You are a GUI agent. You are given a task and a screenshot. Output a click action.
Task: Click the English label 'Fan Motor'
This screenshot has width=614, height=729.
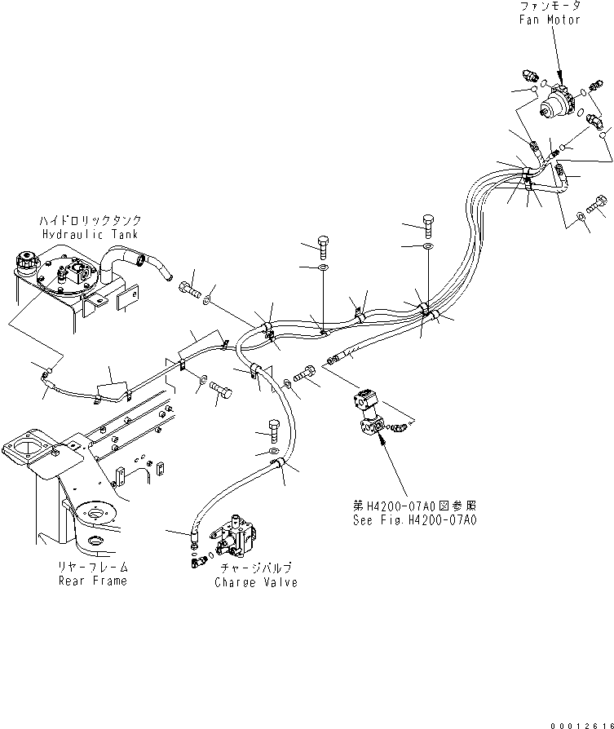tap(550, 20)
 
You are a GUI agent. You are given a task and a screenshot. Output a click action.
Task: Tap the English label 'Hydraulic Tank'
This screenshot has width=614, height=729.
tap(91, 234)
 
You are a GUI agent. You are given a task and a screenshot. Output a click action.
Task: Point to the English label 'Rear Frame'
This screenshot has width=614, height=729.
tap(92, 581)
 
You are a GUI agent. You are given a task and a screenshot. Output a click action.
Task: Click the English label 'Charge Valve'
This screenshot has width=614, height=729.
tap(256, 582)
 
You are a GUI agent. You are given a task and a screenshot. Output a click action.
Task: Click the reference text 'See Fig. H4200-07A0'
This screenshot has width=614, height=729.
tap(414, 519)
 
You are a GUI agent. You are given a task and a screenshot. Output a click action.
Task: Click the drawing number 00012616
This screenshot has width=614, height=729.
tap(582, 725)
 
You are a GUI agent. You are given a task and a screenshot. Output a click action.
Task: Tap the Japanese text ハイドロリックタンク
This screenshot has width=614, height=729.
tap(91, 220)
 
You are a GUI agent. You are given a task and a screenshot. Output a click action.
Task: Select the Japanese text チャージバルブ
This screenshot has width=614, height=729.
tap(256, 568)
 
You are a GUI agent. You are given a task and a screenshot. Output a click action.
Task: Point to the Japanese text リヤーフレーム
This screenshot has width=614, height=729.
tap(92, 567)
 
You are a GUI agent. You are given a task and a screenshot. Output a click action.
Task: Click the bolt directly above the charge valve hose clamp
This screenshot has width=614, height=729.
tap(274, 431)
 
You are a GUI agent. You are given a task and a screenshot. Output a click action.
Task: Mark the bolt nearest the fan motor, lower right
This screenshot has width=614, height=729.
tap(596, 204)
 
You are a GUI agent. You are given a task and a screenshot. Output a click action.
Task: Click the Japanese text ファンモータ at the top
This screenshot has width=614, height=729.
tap(550, 6)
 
